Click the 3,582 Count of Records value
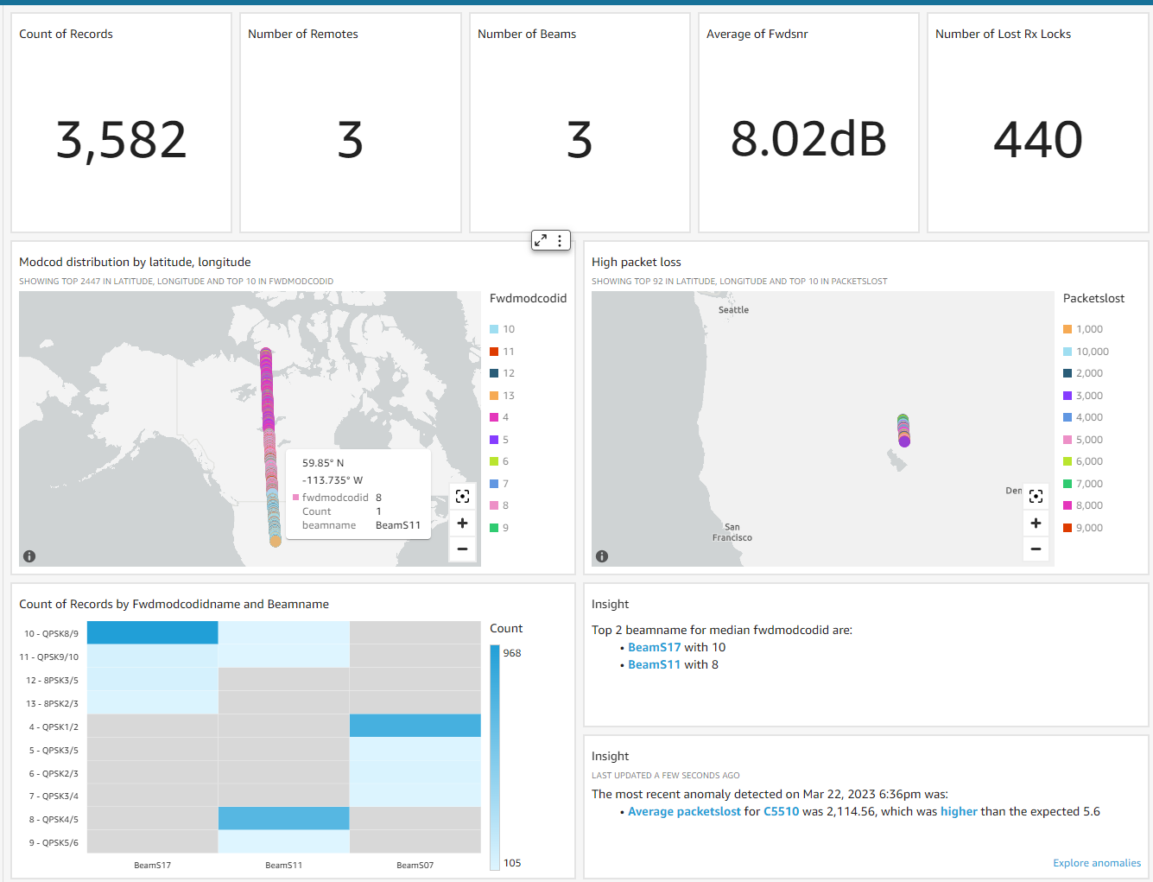tap(121, 140)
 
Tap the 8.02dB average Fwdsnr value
tap(808, 140)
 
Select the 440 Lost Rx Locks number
tap(1037, 140)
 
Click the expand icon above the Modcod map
tap(541, 241)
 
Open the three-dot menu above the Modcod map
tap(560, 241)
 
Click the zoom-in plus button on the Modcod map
tap(463, 523)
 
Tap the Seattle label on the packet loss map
tap(733, 310)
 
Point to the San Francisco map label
tap(732, 532)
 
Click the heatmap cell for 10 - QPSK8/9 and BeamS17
tap(153, 632)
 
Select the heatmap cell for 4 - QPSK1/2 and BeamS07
tap(415, 726)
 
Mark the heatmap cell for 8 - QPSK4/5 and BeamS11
tap(284, 818)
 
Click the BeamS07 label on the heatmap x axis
tap(415, 865)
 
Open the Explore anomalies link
tap(1096, 863)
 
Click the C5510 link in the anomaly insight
tap(781, 811)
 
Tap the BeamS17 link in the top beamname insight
tap(654, 647)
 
